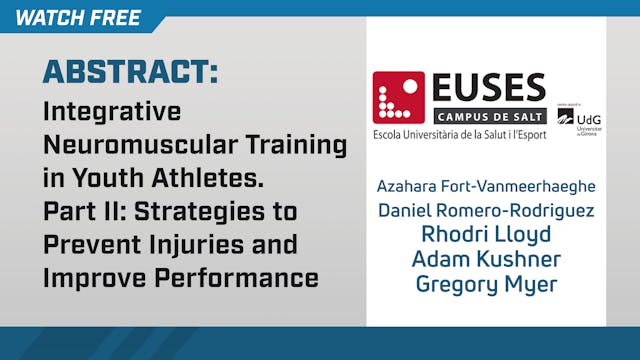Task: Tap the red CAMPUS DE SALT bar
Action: click(490, 114)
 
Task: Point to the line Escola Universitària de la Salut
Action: click(459, 133)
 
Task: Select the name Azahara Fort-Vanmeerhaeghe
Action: click(486, 187)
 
